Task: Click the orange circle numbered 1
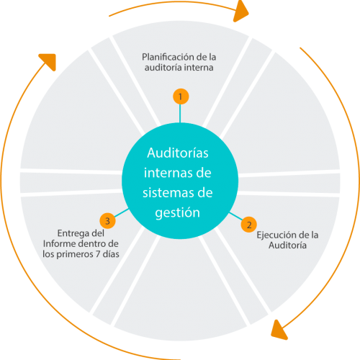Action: [x=180, y=95]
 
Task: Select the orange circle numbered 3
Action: [x=107, y=220]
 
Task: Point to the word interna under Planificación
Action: [x=197, y=68]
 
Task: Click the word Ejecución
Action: [x=274, y=235]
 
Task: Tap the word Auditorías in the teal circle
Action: [x=179, y=153]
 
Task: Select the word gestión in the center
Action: [x=179, y=213]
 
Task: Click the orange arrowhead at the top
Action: [x=242, y=11]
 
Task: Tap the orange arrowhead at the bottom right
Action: [x=276, y=330]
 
